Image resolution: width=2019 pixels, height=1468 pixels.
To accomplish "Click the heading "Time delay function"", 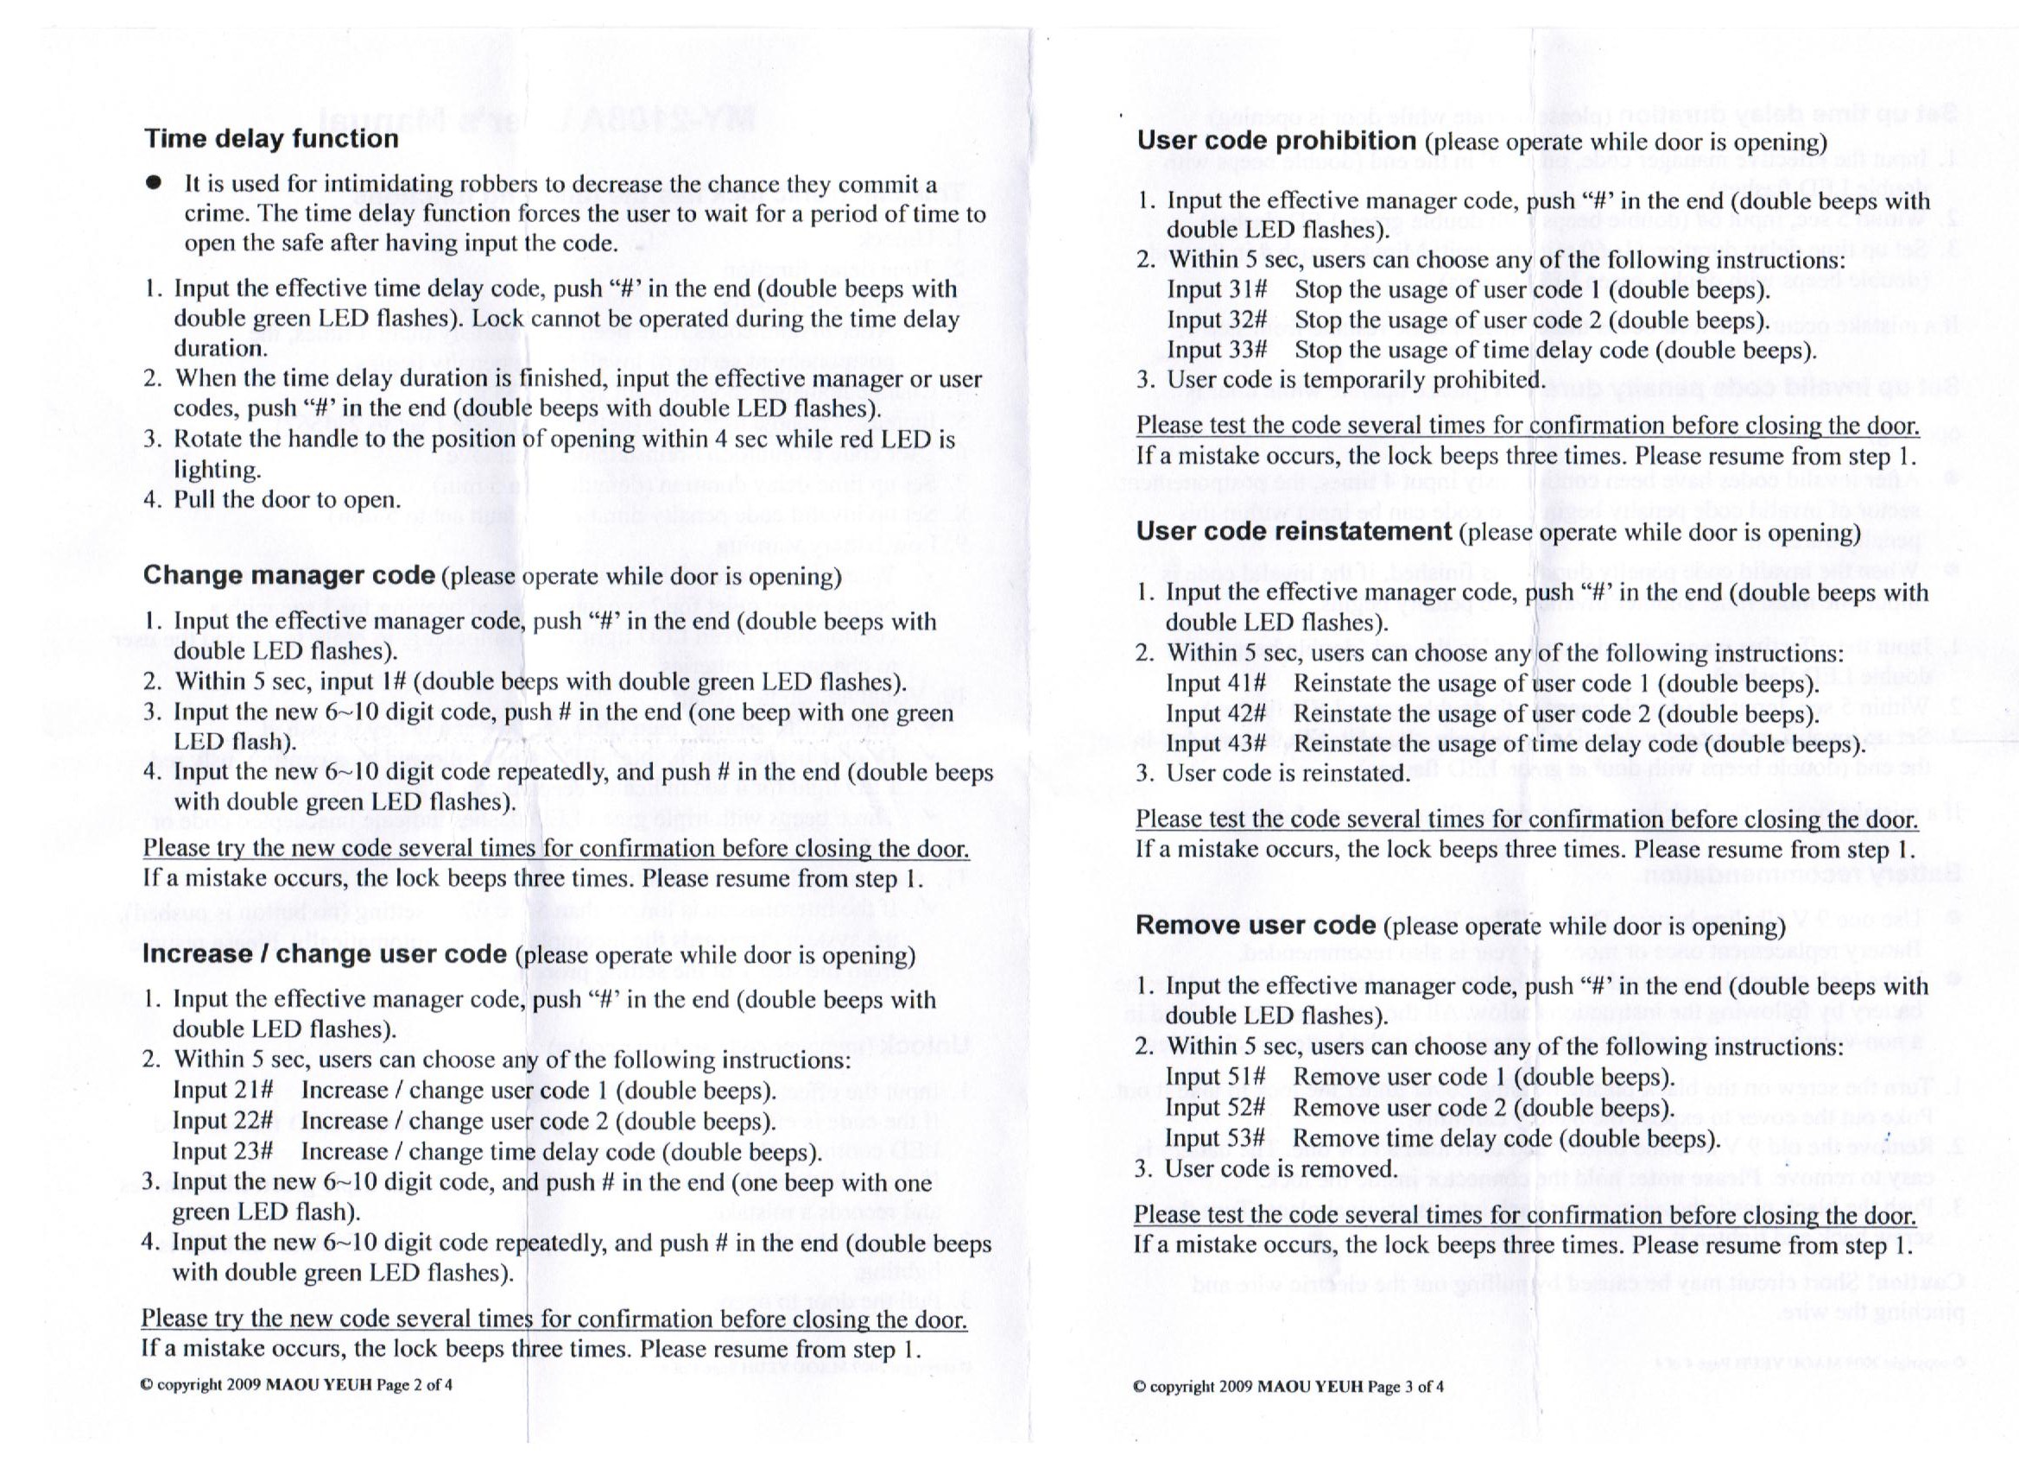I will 270,139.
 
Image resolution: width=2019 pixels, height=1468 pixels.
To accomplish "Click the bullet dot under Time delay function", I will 154,183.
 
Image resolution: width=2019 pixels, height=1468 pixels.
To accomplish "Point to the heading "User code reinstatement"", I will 1294,532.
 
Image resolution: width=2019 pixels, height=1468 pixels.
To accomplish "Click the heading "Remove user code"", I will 1256,926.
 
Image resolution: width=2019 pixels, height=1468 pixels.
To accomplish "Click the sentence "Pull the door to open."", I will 287,499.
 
